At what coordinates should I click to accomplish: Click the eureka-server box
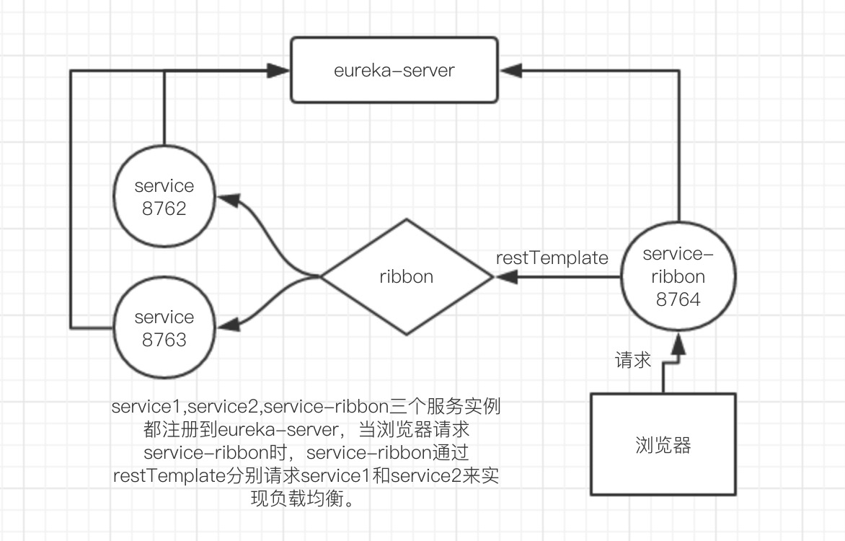coord(394,70)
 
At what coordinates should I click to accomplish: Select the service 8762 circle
coord(164,197)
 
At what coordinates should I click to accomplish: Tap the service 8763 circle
coord(164,328)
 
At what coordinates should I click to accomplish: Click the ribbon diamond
coord(407,276)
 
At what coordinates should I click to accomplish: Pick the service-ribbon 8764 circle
coord(678,276)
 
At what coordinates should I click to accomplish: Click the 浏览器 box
coord(663,444)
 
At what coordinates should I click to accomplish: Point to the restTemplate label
coord(552,258)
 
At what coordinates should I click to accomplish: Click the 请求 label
coord(633,360)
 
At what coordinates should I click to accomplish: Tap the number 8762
coord(164,208)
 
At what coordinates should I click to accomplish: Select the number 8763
coord(164,340)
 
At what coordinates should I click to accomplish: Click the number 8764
coord(678,299)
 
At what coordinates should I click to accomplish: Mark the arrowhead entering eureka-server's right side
coord(510,70)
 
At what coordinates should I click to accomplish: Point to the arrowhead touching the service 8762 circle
coord(226,198)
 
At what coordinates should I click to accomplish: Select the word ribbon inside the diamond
coord(407,276)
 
